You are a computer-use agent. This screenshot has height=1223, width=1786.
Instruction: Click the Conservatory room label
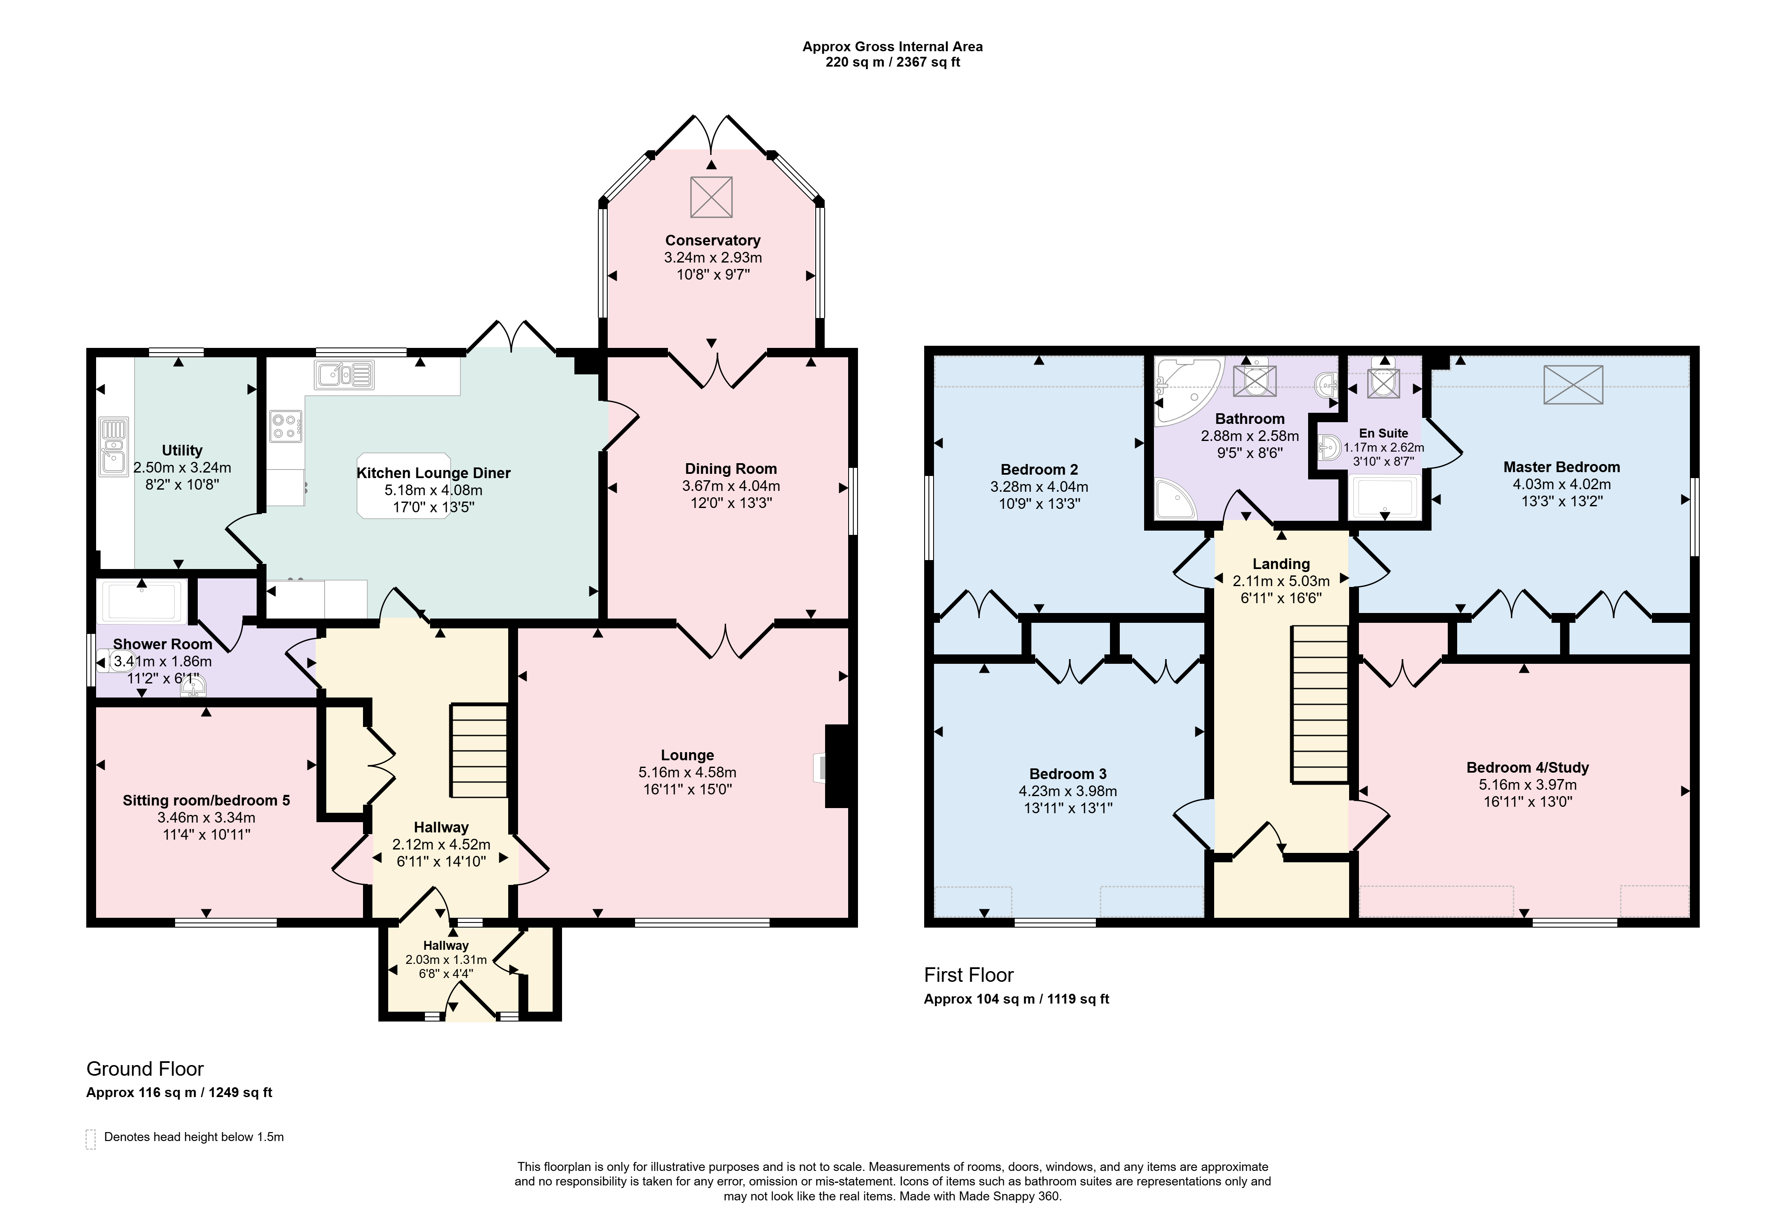coord(712,240)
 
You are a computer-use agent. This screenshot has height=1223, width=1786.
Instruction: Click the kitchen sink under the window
coord(343,375)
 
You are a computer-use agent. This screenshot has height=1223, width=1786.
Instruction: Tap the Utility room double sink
coord(113,447)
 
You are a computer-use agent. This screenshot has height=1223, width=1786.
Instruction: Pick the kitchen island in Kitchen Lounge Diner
coord(404,485)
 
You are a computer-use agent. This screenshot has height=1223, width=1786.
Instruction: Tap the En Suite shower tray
coord(1384,497)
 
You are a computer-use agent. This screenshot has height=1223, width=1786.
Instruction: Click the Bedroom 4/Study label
coord(1527,768)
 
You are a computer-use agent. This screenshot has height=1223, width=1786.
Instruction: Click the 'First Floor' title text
coord(968,975)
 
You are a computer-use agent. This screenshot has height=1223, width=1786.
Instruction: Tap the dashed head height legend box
coord(91,1138)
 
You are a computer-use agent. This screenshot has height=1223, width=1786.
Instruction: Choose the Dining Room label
coord(731,469)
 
